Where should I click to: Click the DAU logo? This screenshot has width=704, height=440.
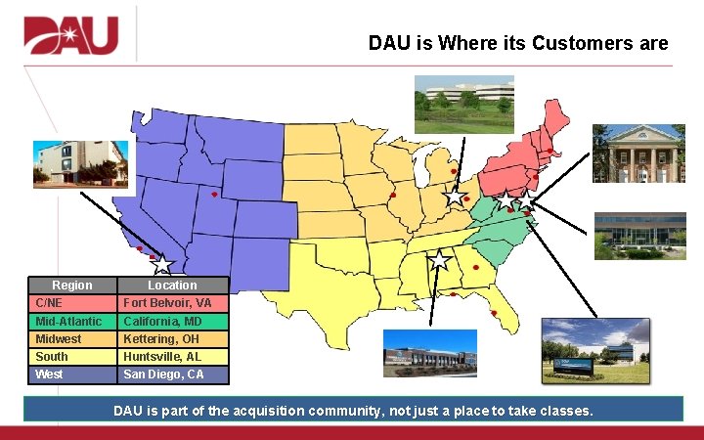(70, 36)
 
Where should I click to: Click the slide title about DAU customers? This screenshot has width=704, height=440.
(517, 43)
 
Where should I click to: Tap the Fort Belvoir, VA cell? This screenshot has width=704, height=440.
(174, 303)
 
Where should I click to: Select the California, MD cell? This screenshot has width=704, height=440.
(174, 321)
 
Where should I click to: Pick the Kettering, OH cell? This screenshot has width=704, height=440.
(174, 338)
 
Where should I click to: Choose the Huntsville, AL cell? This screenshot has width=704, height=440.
(174, 357)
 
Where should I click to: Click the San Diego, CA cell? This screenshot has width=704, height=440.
(174, 374)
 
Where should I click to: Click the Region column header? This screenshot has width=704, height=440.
(72, 286)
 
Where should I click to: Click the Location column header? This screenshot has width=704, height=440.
(174, 286)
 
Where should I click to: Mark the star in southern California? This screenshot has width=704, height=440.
(161, 264)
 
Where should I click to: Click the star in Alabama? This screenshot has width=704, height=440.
(439, 260)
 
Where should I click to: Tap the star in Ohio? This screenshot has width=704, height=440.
(455, 197)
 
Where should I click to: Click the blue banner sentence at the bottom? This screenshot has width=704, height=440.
(352, 410)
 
